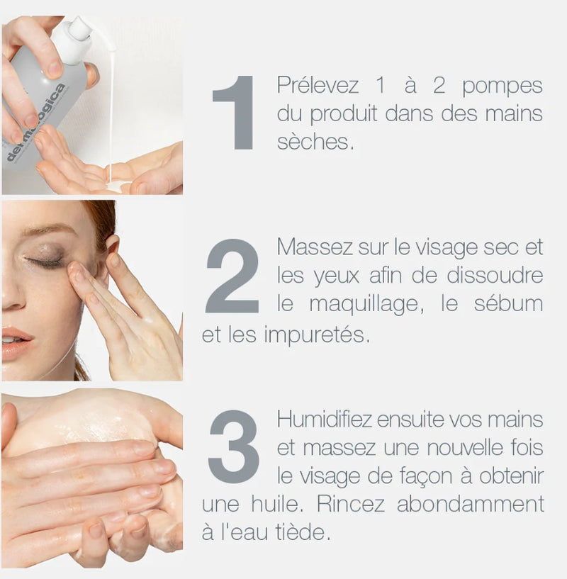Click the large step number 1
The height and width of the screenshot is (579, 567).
pyautogui.click(x=235, y=113)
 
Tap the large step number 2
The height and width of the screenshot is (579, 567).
pyautogui.click(x=232, y=276)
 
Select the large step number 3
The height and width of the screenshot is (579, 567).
pyautogui.click(x=233, y=446)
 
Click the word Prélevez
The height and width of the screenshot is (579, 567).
pyautogui.click(x=318, y=86)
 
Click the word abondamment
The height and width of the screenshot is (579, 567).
pyautogui.click(x=470, y=504)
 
